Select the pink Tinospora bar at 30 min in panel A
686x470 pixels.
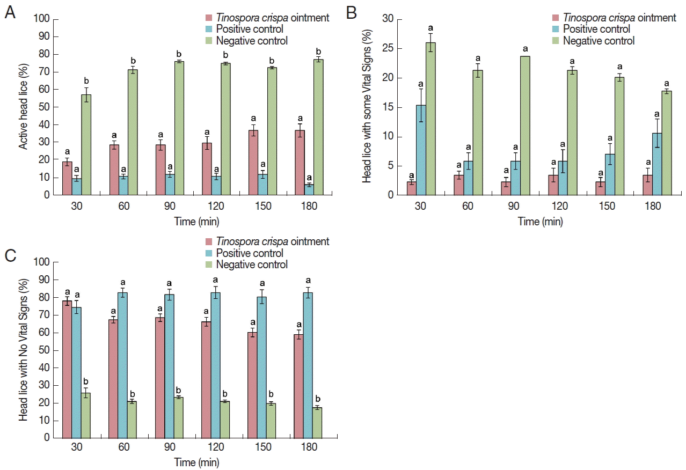(x=67, y=178)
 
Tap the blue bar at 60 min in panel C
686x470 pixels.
(x=122, y=365)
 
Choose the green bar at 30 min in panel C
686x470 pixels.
(x=85, y=415)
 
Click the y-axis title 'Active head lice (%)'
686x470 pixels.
(x=23, y=107)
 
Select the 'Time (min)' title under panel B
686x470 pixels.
(x=540, y=221)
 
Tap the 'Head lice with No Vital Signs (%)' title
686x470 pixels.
(x=23, y=350)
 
